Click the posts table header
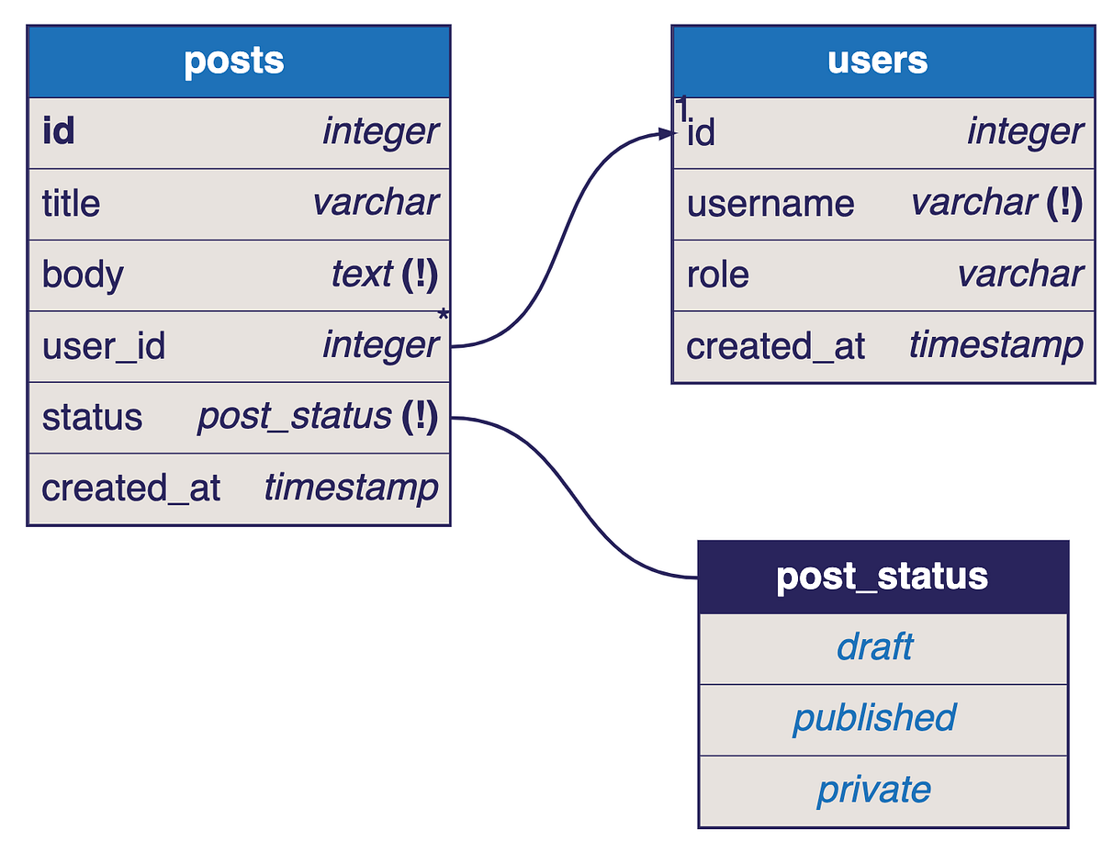click(x=234, y=61)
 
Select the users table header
click(x=878, y=61)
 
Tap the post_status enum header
click(x=882, y=577)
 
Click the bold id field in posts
click(x=58, y=132)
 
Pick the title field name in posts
click(x=71, y=203)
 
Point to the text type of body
click(x=362, y=275)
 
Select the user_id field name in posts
click(x=104, y=346)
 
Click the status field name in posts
click(x=92, y=418)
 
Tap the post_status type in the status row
click(x=294, y=418)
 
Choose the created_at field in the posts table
click(x=130, y=488)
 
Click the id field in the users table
click(x=701, y=134)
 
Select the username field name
click(x=770, y=204)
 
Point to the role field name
click(x=717, y=275)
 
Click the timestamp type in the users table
click(x=995, y=346)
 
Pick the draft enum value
click(x=874, y=647)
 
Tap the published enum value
click(x=874, y=718)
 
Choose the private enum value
click(x=874, y=790)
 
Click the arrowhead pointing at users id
click(x=668, y=134)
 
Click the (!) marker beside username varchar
click(x=1064, y=203)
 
